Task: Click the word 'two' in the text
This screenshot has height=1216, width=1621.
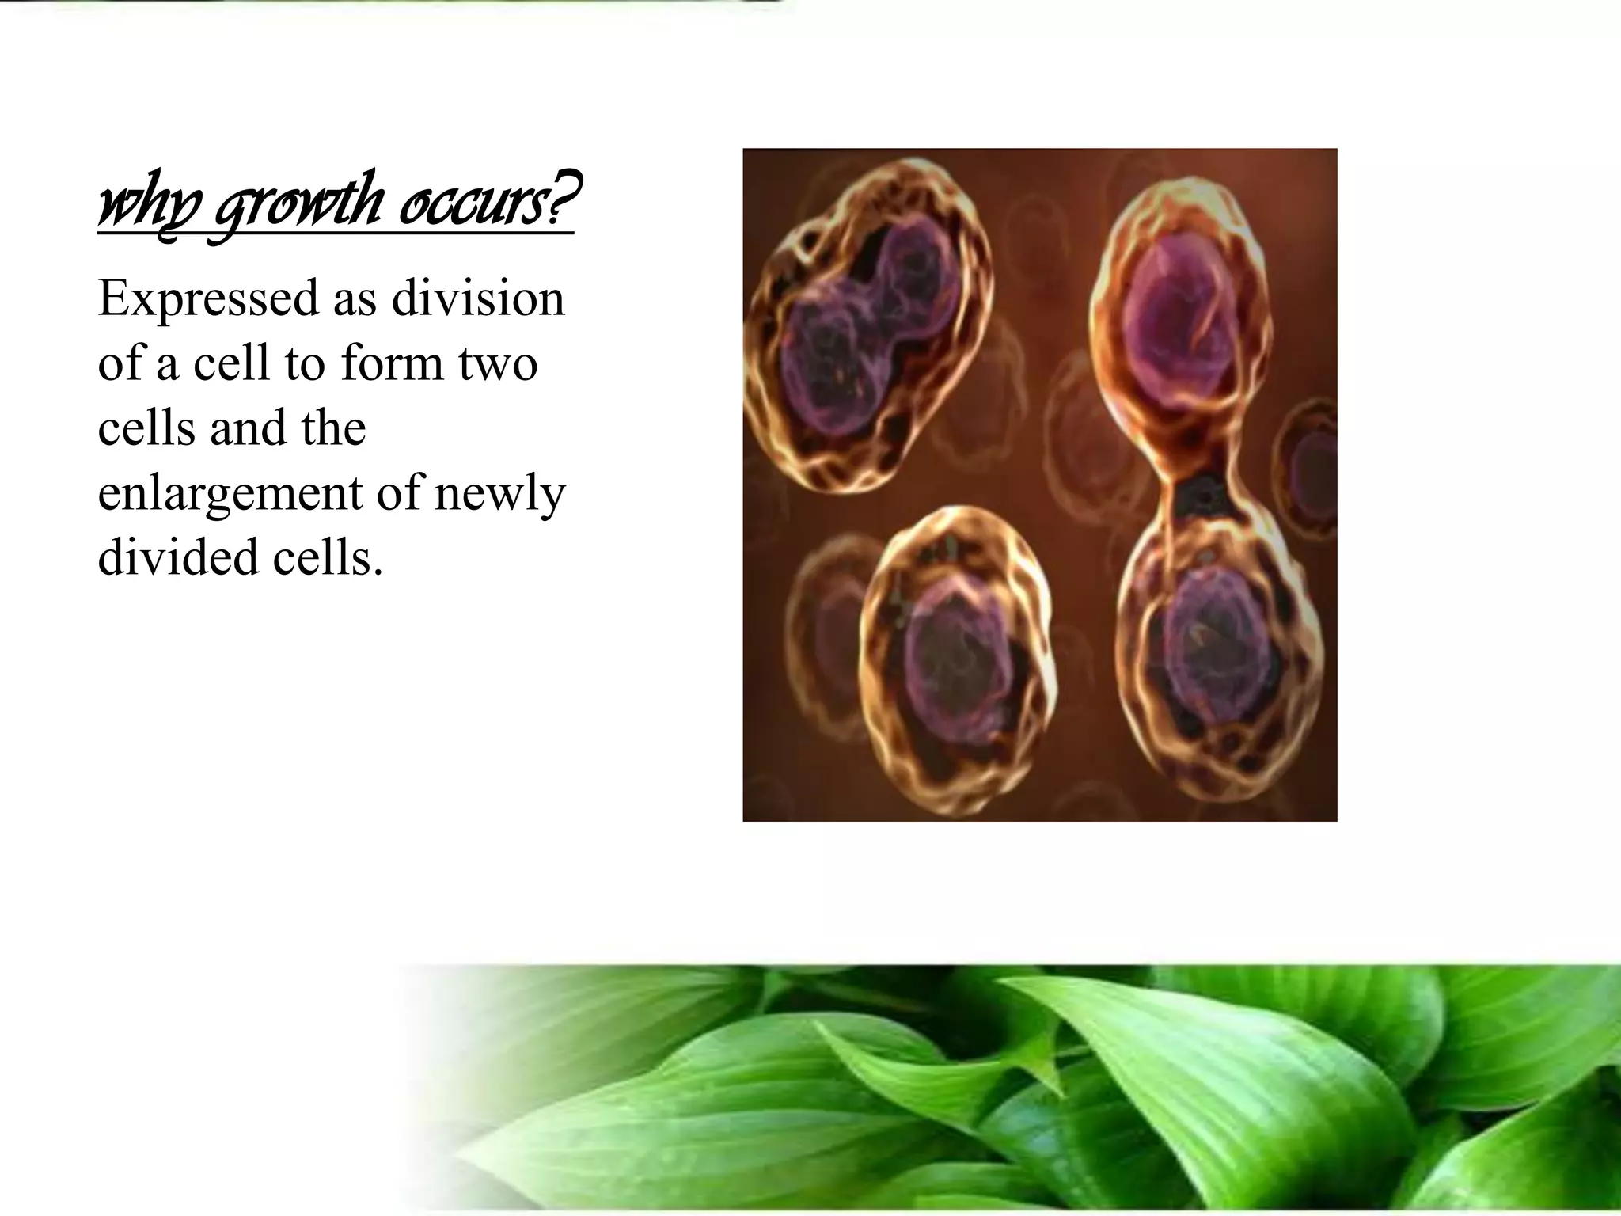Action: pyautogui.click(x=497, y=365)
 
